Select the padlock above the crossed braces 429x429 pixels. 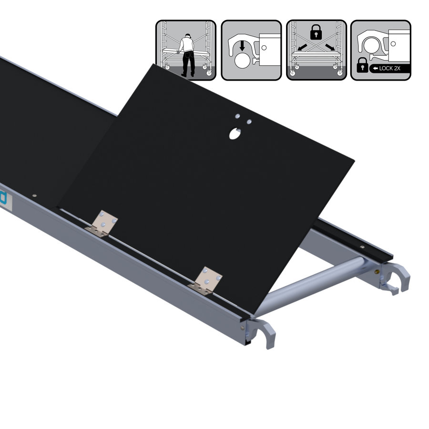point(315,32)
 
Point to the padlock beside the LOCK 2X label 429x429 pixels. point(362,65)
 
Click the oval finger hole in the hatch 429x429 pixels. point(235,134)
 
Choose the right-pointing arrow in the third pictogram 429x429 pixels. point(328,48)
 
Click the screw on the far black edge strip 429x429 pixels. point(362,248)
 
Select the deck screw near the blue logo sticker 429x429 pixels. point(34,194)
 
